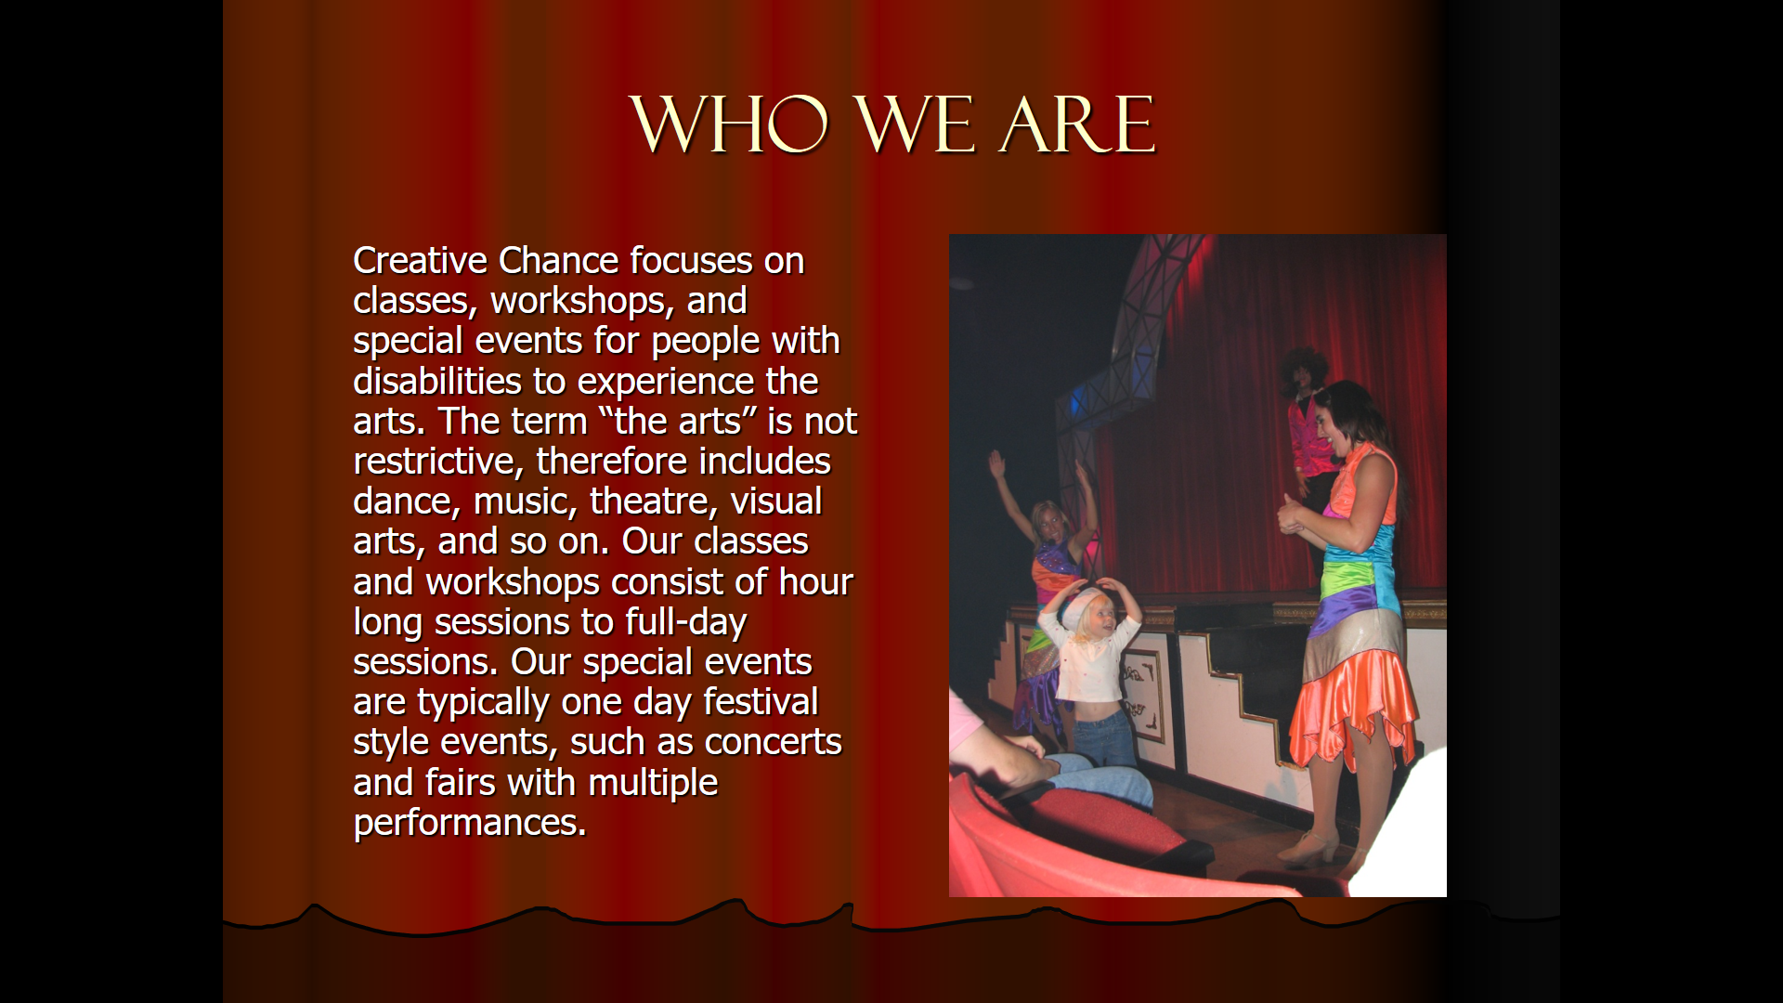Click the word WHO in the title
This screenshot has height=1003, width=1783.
[729, 124]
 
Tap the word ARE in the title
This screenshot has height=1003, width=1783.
[1077, 124]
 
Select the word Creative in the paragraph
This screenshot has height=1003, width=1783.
[421, 261]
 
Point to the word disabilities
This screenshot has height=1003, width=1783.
[437, 382]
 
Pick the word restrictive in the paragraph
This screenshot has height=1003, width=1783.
[438, 462]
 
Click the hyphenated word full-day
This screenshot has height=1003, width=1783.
[685, 623]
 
